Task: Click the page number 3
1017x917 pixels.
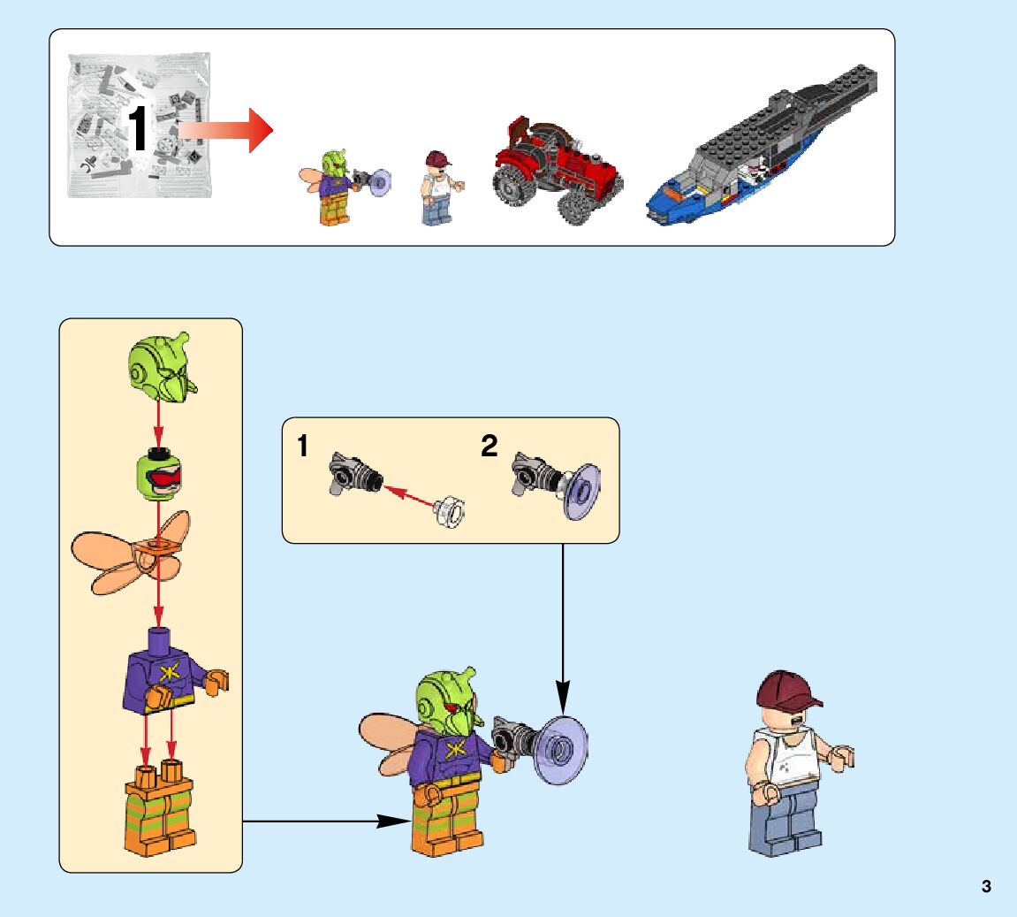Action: coord(986,886)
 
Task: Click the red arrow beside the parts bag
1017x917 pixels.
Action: coord(228,129)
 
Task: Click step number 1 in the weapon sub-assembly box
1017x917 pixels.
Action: coord(303,447)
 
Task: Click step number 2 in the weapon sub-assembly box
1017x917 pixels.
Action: coord(490,447)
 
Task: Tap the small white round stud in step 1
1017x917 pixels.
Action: coord(449,512)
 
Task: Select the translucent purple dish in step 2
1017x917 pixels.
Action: coord(580,491)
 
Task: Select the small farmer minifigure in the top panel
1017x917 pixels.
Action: coord(437,187)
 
